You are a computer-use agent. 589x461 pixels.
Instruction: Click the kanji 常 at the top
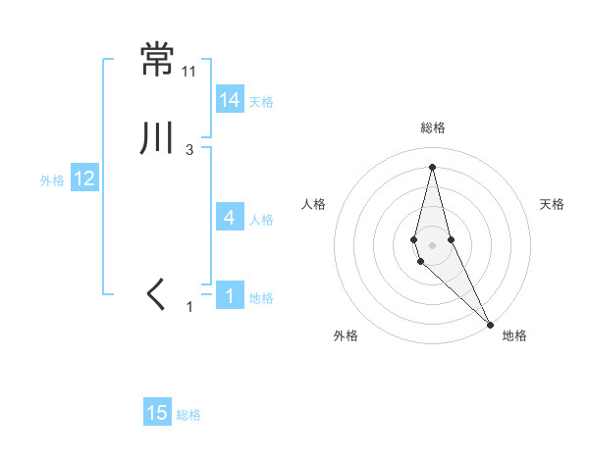157,60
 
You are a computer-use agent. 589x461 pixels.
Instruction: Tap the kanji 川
157,139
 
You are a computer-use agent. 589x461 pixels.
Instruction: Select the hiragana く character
156,295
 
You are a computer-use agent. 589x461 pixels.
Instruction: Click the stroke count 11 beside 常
189,72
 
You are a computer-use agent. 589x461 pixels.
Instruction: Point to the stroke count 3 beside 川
189,150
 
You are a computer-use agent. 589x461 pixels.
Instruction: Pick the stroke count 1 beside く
191,307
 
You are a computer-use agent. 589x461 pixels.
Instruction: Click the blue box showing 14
230,99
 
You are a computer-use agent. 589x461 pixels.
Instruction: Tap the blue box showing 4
230,218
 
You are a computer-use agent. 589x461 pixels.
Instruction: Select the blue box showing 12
84,179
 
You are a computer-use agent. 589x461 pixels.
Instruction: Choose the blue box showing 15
157,413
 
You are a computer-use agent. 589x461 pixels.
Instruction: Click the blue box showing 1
230,295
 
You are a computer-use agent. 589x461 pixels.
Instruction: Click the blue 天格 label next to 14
261,101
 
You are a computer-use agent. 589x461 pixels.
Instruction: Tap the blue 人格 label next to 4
261,220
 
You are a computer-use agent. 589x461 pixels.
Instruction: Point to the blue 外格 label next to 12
52,180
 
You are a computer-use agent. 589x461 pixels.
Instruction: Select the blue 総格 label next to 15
188,415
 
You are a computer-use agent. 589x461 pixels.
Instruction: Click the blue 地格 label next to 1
261,298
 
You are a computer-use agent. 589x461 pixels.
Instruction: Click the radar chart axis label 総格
433,128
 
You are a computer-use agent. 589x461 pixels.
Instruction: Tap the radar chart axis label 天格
552,204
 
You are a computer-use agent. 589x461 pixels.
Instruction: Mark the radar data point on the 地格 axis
490,324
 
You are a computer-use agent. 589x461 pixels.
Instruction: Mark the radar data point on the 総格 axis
432,167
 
